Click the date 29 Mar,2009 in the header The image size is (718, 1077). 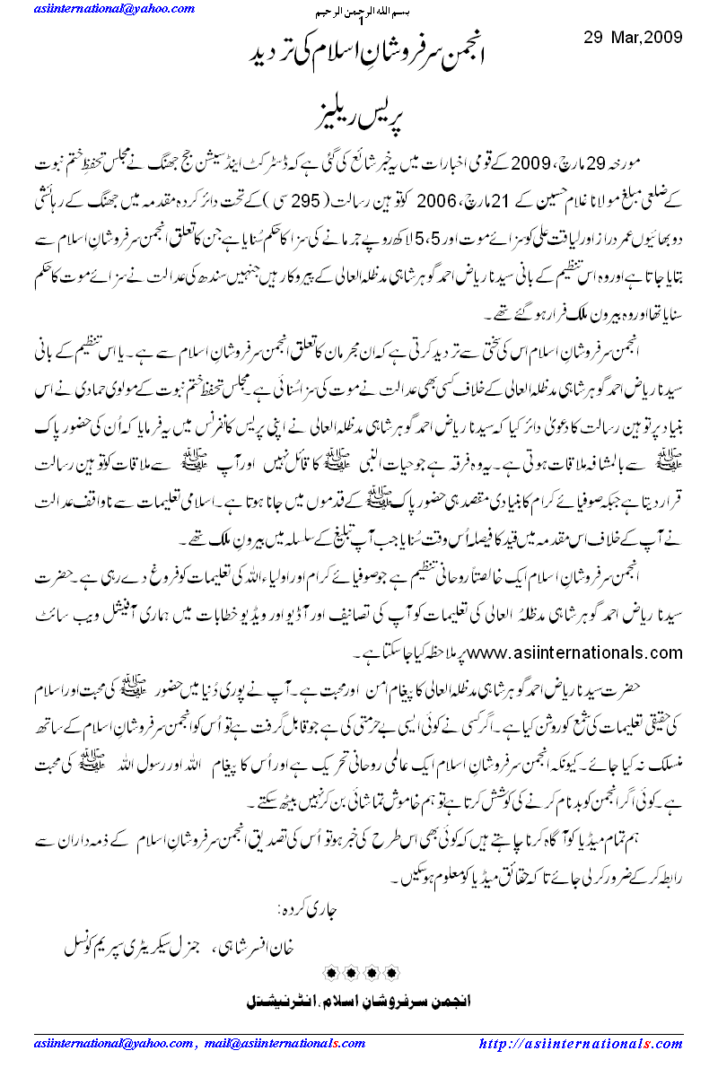coord(627,38)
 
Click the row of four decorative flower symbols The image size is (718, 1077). coord(360,974)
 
